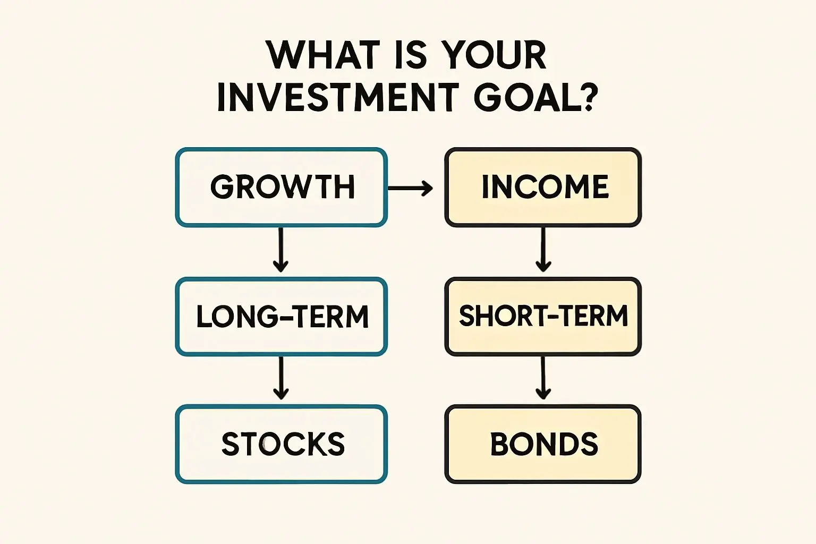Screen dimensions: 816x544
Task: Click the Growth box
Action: click(x=281, y=188)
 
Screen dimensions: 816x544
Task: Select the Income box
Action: click(x=543, y=188)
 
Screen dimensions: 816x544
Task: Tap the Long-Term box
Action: click(x=281, y=317)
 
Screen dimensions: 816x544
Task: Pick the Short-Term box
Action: click(x=543, y=317)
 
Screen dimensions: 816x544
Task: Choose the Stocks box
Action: click(x=281, y=444)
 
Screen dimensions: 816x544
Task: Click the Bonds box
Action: click(x=543, y=444)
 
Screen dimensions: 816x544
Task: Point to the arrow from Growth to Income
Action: click(x=410, y=189)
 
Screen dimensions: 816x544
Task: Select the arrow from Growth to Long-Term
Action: click(x=280, y=250)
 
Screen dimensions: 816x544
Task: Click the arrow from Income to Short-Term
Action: click(x=543, y=250)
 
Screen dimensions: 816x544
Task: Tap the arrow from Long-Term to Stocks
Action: click(x=281, y=378)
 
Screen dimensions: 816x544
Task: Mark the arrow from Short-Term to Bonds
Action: click(x=543, y=378)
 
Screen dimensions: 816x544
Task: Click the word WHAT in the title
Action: click(x=319, y=55)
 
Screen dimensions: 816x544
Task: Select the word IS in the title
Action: click(x=410, y=55)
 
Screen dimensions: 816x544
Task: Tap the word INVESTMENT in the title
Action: click(x=336, y=97)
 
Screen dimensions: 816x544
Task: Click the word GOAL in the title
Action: click(x=522, y=97)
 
